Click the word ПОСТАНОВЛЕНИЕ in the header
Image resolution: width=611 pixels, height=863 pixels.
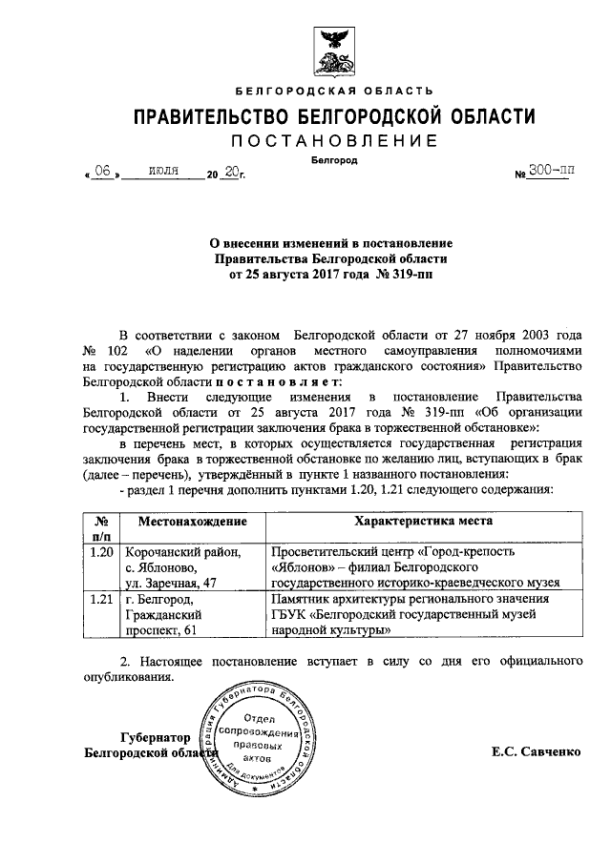pos(333,141)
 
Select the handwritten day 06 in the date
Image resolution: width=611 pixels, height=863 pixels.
pos(102,172)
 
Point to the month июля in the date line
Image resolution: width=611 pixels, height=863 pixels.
pos(165,172)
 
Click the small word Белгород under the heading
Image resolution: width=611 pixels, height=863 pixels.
pos(334,160)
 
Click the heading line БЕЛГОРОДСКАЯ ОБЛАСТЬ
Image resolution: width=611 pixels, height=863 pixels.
pos(333,91)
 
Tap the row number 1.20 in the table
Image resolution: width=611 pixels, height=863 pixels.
pos(100,552)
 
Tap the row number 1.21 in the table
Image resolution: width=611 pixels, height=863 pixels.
pos(100,598)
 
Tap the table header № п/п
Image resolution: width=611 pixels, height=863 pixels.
pos(100,529)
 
